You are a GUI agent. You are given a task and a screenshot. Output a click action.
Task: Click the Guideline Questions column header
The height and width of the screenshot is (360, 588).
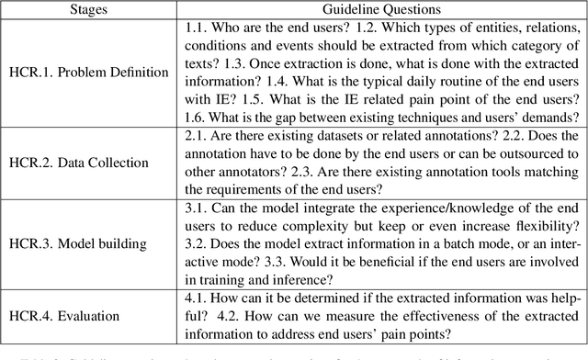[x=379, y=10]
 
